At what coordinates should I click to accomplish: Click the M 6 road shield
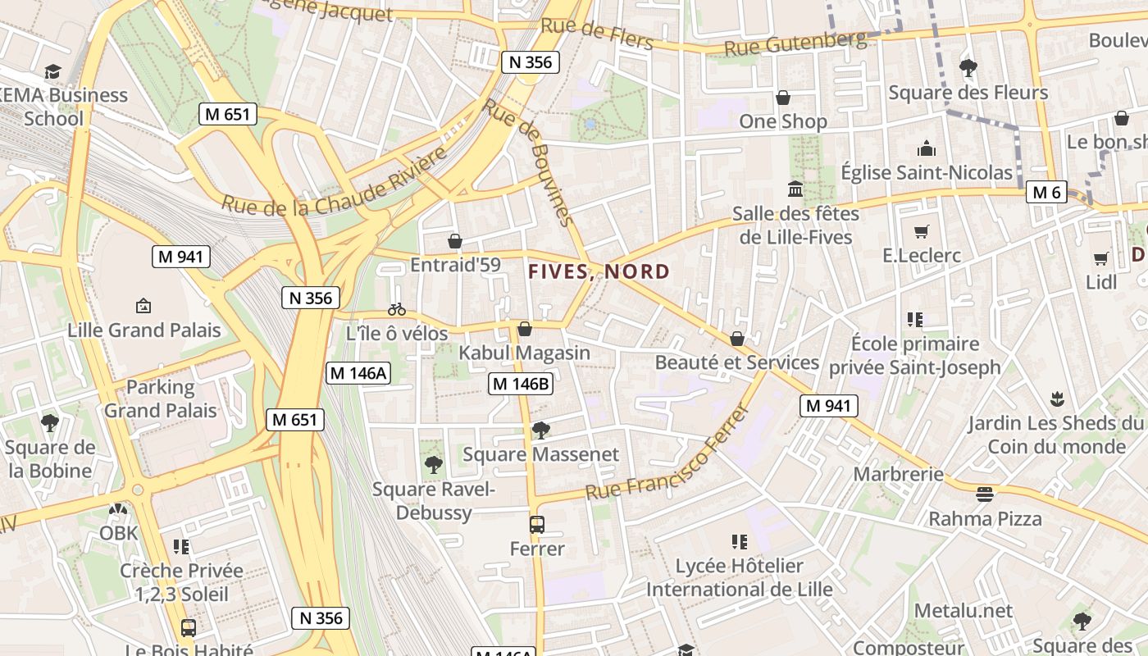click(1046, 193)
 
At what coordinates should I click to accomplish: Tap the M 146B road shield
click(520, 383)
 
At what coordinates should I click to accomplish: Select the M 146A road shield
click(358, 373)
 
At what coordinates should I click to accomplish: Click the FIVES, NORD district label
click(599, 271)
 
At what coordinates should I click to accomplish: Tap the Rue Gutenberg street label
click(796, 44)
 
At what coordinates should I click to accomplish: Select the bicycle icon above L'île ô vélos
click(397, 309)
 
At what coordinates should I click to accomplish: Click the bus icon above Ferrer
click(537, 525)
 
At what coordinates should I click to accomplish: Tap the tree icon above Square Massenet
click(540, 430)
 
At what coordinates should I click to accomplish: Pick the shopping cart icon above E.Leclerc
click(922, 231)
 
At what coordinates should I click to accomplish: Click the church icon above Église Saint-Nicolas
click(927, 148)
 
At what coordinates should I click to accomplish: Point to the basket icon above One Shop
click(783, 98)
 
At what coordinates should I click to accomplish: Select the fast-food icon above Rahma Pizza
click(985, 494)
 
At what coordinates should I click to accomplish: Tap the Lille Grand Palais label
click(144, 330)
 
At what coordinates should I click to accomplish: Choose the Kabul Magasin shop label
click(524, 353)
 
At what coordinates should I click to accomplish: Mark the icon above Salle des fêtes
click(795, 190)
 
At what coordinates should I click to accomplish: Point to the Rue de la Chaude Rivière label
click(335, 182)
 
